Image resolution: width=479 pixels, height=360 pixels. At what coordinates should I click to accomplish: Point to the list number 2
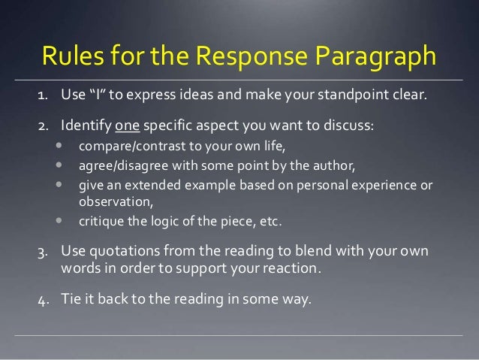44,124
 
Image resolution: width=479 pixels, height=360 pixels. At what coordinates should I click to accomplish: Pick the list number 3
44,250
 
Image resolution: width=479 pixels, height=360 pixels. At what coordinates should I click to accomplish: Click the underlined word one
126,124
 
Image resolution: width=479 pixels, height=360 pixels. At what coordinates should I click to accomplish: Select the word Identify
86,124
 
